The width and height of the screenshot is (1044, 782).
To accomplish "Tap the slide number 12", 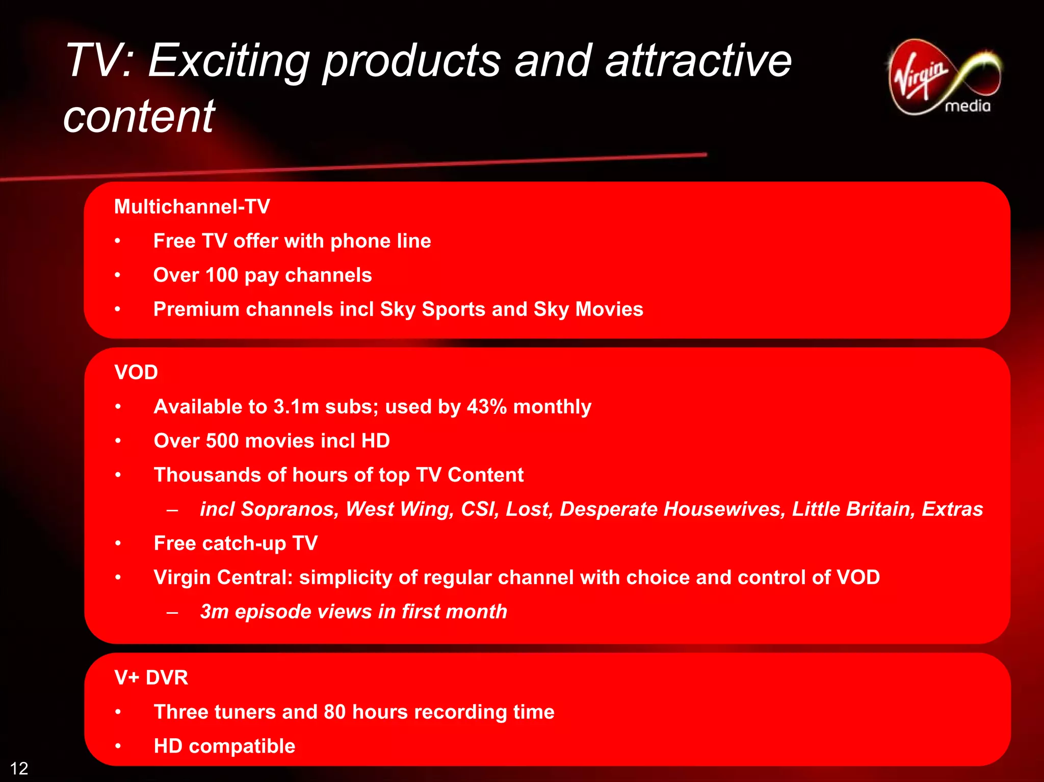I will (x=19, y=768).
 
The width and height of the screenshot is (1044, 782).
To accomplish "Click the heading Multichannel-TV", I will (x=192, y=206).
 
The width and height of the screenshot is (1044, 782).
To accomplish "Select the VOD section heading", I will (x=136, y=372).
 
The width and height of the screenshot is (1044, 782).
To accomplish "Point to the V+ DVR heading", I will (x=151, y=677).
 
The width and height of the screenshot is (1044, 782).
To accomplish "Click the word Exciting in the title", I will (x=228, y=61).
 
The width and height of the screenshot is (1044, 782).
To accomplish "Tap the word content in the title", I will (x=139, y=117).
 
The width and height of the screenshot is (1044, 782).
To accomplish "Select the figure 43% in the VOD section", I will (x=487, y=407).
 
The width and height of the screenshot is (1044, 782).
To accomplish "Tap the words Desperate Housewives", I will (x=672, y=509).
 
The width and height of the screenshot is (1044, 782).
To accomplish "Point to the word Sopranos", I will (x=289, y=509).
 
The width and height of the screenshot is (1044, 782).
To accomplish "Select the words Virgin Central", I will (x=223, y=578).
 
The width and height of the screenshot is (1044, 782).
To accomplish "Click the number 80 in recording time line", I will (x=334, y=712).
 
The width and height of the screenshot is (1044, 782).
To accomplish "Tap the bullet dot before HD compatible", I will (x=118, y=746).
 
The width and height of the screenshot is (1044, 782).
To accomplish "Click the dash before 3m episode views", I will (x=172, y=612).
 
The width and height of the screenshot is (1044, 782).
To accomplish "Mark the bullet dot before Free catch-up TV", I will (x=118, y=543).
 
